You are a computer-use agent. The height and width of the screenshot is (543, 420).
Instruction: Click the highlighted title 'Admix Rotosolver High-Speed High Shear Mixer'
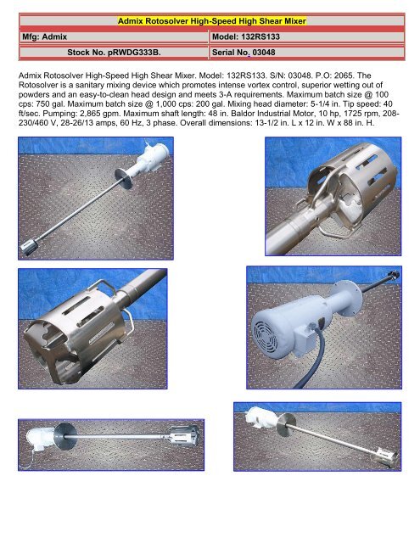click(x=210, y=20)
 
